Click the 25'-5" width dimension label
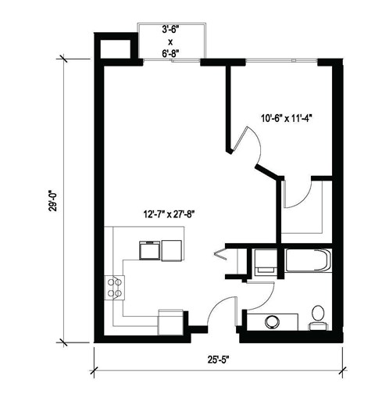click(x=220, y=360)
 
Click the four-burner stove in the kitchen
click(x=115, y=288)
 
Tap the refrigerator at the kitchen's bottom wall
click(x=171, y=321)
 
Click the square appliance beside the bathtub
click(x=264, y=260)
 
